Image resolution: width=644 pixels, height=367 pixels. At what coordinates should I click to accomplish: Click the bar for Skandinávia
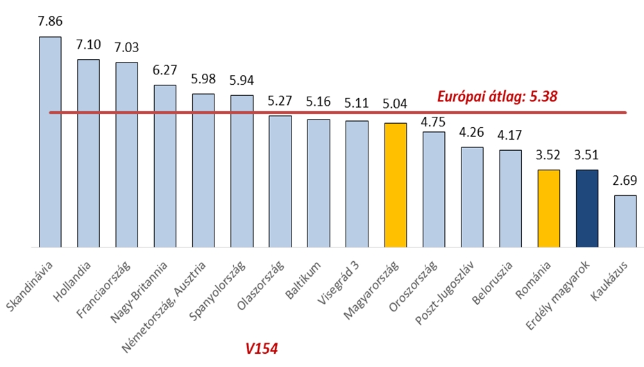click(50, 142)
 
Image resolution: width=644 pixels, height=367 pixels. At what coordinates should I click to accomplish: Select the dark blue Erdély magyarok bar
click(587, 209)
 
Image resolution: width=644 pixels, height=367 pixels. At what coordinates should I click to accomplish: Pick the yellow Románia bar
click(548, 209)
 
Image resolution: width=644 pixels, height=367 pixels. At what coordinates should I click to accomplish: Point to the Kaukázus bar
click(625, 221)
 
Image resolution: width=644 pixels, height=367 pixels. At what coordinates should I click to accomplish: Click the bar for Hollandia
click(88, 153)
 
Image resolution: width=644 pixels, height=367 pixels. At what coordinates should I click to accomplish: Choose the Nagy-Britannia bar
click(165, 166)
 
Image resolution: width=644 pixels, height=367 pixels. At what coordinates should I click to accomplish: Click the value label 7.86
click(50, 22)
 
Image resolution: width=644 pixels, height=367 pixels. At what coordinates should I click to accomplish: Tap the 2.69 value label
click(625, 182)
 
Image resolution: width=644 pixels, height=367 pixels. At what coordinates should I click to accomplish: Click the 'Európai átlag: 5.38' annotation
click(498, 97)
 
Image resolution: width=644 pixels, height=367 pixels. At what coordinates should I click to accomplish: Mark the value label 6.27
click(165, 71)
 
